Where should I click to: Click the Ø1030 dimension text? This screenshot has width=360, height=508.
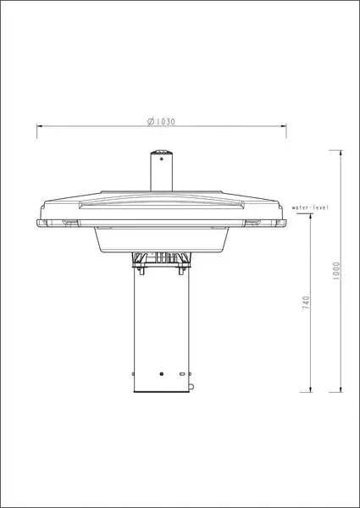tap(161, 121)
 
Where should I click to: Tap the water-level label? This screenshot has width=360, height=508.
tap(310, 207)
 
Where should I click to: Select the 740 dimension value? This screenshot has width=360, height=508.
tap(306, 303)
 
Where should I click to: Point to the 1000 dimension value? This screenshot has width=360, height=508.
tap(336, 271)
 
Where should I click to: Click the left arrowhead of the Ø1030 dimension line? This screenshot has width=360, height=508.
tap(40, 125)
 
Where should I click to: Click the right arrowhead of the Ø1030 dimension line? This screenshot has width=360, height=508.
tap(283, 125)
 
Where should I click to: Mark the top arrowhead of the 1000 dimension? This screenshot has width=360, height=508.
tap(341, 153)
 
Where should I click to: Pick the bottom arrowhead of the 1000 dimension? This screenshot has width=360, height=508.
tap(341, 389)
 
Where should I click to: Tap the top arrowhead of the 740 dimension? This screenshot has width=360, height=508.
tap(311, 217)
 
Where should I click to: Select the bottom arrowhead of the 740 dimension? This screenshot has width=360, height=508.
tap(311, 389)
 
